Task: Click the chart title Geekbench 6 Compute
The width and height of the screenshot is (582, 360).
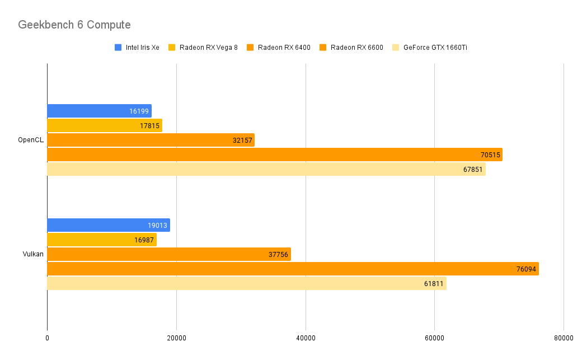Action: [74, 25]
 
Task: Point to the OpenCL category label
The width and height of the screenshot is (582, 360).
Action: [31, 140]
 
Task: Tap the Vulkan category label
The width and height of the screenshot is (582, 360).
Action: [33, 254]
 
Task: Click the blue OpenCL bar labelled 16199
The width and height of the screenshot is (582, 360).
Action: [99, 111]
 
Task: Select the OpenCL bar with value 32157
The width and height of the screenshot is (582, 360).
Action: [151, 140]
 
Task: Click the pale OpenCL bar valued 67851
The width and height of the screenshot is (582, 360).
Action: [266, 169]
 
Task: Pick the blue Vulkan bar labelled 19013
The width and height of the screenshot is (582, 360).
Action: [108, 225]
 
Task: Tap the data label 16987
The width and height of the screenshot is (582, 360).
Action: [144, 240]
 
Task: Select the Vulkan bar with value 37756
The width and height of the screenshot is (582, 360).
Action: [168, 254]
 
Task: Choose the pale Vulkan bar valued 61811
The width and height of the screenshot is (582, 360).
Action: [246, 283]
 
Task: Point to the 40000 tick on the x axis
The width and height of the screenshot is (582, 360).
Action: [306, 338]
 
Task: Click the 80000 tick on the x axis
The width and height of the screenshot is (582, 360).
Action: [564, 338]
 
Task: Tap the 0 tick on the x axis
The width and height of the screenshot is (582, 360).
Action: [47, 338]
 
